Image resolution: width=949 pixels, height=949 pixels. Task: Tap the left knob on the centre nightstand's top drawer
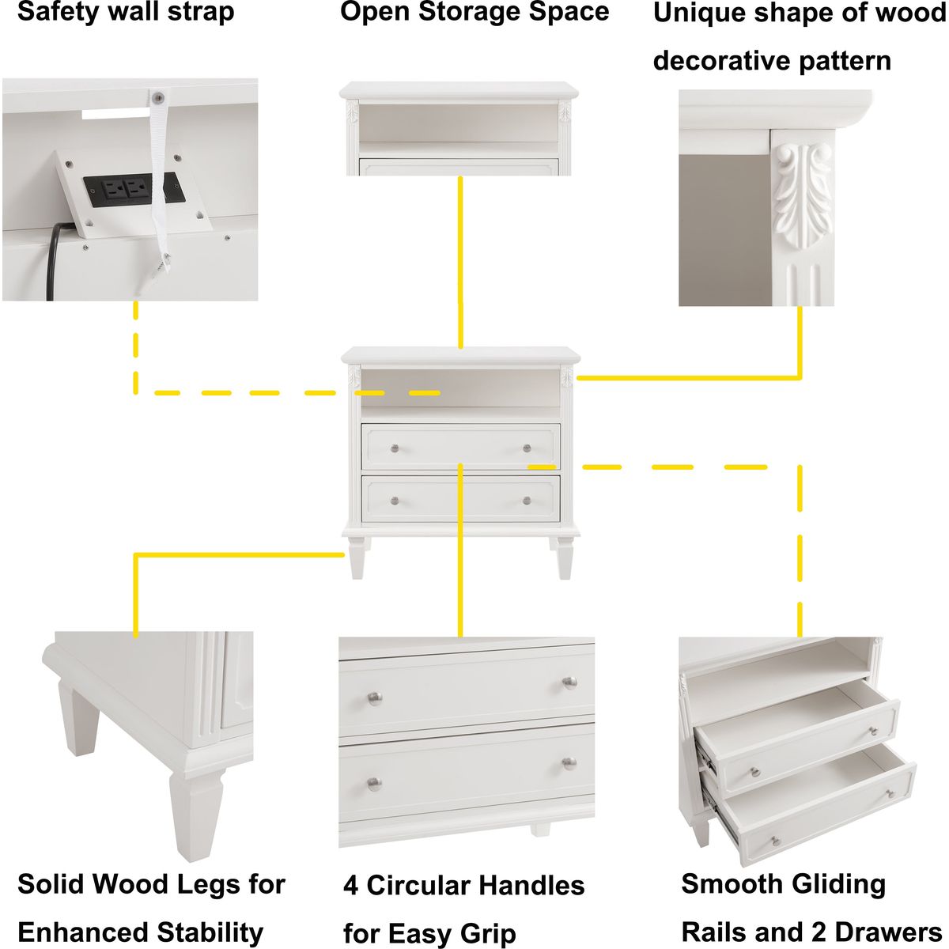[x=395, y=448]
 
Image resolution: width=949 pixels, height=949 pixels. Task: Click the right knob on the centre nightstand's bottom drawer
[x=527, y=501]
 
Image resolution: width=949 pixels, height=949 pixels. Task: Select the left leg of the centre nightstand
[x=357, y=558]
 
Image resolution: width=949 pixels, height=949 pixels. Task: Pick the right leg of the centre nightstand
[x=564, y=558]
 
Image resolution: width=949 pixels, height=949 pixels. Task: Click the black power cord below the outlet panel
[x=55, y=260]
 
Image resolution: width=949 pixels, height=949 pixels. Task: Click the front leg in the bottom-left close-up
[x=196, y=815]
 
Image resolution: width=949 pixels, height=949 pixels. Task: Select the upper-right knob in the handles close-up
[x=569, y=682]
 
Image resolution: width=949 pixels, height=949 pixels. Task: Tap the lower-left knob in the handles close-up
[x=374, y=783]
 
